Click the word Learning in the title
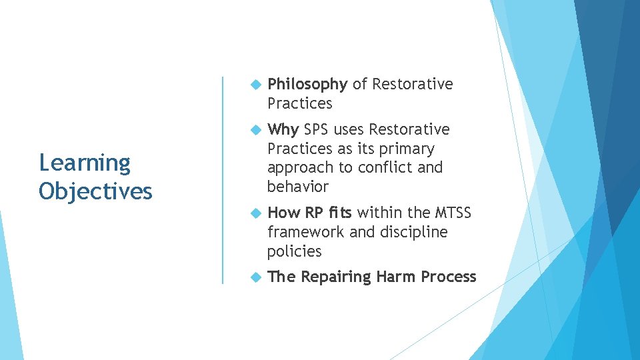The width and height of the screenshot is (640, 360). (85, 163)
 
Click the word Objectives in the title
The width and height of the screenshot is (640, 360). (95, 192)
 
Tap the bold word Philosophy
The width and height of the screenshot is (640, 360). (307, 85)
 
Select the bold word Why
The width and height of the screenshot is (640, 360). (283, 129)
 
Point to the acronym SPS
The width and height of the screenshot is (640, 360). (317, 129)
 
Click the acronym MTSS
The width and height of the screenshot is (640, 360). (453, 213)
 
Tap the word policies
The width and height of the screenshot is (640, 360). (294, 251)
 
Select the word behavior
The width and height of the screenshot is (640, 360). (297, 187)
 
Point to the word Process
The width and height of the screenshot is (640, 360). (449, 277)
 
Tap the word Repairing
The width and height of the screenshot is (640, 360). (336, 277)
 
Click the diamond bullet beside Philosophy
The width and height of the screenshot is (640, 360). (253, 85)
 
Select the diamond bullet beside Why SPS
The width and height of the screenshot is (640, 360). (253, 129)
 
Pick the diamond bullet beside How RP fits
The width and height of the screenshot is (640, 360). (253, 213)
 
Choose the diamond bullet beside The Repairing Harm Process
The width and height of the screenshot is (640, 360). (253, 277)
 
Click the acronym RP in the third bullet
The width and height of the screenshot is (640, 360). (313, 213)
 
